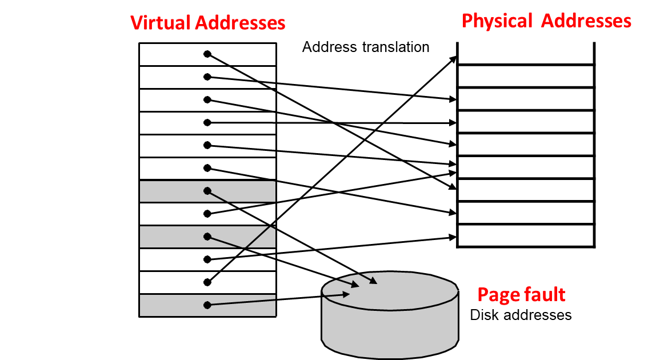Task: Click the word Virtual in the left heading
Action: [161, 23]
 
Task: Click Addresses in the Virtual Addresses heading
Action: [240, 23]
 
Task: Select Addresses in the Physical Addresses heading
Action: [586, 21]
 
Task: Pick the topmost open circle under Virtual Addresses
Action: [207, 54]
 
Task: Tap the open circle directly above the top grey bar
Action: [207, 168]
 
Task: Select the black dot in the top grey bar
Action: [207, 191]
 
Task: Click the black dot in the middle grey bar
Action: [207, 237]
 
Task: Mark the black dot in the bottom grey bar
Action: [207, 305]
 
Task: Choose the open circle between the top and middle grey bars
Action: [207, 214]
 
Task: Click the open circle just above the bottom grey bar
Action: [207, 282]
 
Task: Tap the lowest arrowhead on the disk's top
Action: [347, 294]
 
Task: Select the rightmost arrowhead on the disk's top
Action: [374, 281]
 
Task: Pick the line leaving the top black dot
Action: [218, 196]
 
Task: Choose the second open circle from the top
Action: [207, 77]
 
